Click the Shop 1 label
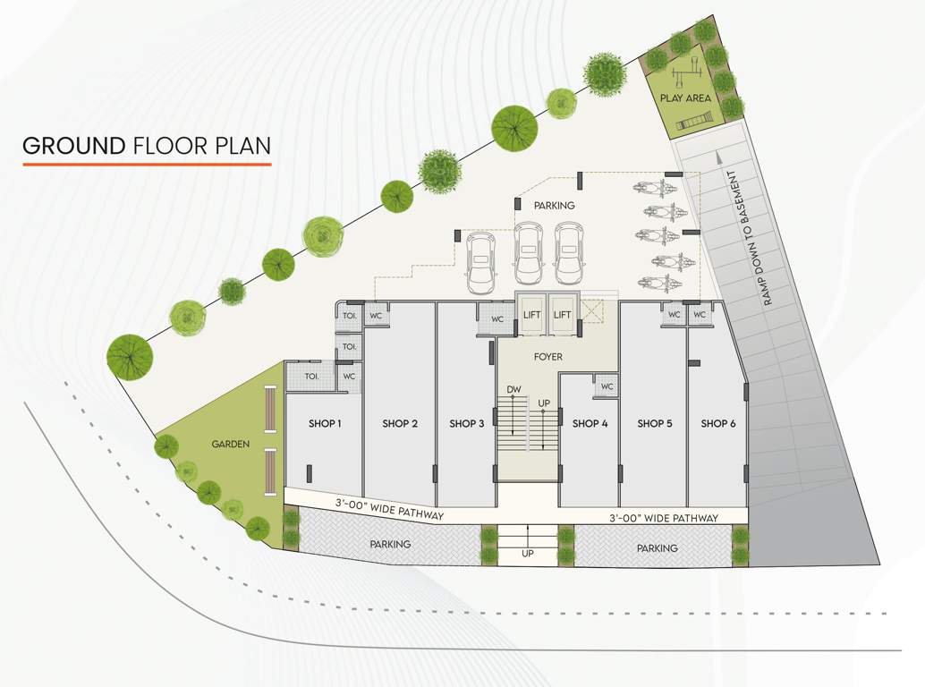325,423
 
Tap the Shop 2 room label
400,423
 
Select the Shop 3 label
467,423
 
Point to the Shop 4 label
590,423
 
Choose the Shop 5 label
655,423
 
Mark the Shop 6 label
718,423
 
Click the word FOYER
548,356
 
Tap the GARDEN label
230,444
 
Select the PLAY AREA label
685,98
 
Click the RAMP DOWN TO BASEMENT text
751,239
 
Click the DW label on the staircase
513,390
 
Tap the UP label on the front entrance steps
527,556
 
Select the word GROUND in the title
73,146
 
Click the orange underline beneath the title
147,165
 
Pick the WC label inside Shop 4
607,386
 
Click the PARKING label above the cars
554,206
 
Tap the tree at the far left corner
130,356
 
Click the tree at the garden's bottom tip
258,528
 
